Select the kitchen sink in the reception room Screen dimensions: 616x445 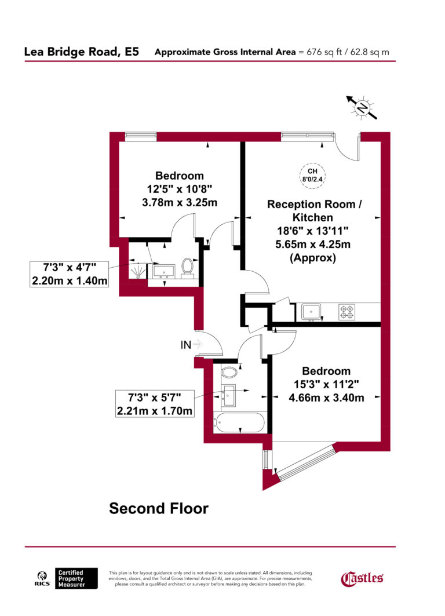(x=312, y=312)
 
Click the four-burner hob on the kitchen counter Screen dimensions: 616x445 (x=346, y=312)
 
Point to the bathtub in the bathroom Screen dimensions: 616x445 (x=239, y=421)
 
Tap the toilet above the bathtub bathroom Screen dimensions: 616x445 (x=229, y=371)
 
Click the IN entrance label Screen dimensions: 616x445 (x=186, y=345)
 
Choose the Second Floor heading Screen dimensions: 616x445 (x=159, y=509)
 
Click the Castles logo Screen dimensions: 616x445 (x=362, y=578)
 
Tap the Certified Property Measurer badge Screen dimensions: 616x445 (x=76, y=578)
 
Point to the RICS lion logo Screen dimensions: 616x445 (x=42, y=578)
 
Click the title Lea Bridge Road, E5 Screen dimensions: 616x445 (x=81, y=52)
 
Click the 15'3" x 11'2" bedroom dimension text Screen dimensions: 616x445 (x=326, y=384)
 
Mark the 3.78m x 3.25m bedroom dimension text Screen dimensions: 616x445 (x=180, y=202)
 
